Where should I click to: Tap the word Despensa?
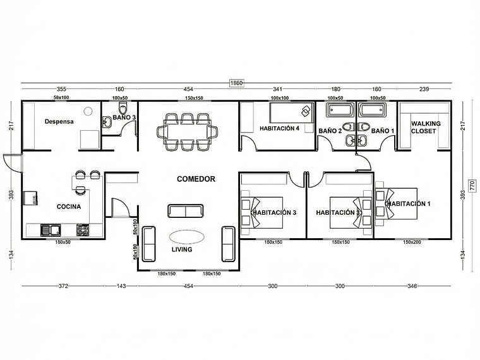[x=59, y=121]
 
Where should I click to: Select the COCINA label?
[x=68, y=207]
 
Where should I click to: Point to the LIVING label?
[x=182, y=249]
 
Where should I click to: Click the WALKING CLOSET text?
[x=426, y=128]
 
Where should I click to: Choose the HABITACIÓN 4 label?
[x=279, y=128]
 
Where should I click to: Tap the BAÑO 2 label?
[x=330, y=131]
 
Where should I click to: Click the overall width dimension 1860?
[x=236, y=83]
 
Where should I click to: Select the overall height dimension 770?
[x=472, y=185]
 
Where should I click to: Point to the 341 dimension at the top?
[x=277, y=90]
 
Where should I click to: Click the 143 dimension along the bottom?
[x=121, y=286]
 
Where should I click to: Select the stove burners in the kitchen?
[x=82, y=229]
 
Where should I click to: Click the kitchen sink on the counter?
[x=50, y=229]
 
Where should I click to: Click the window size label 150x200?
[x=412, y=242]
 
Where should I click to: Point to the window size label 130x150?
[x=194, y=98]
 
